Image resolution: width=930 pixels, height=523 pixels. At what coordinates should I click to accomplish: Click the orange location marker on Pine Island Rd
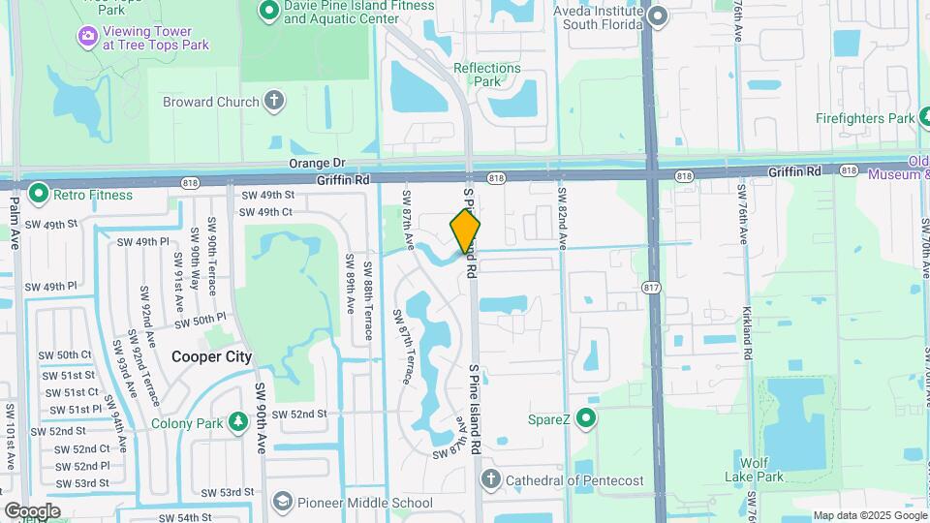pyautogui.click(x=465, y=231)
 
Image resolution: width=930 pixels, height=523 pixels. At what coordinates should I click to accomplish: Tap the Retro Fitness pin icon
pyautogui.click(x=39, y=194)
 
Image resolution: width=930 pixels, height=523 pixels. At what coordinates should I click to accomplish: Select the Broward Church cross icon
pyautogui.click(x=275, y=101)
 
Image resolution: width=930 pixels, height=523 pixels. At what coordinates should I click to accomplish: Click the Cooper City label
pyautogui.click(x=211, y=356)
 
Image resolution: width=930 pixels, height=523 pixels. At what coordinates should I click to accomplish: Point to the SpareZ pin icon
pyautogui.click(x=585, y=419)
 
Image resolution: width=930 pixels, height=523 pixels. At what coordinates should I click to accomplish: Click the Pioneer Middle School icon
pyautogui.click(x=281, y=502)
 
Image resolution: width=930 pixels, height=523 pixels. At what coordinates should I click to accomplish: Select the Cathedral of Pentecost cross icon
pyautogui.click(x=491, y=479)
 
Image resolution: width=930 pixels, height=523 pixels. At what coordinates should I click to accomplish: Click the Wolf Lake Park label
pyautogui.click(x=758, y=469)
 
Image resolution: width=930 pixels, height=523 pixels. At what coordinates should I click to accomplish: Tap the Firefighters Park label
pyautogui.click(x=864, y=118)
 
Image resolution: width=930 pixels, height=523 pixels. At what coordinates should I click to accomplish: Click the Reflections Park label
pyautogui.click(x=487, y=75)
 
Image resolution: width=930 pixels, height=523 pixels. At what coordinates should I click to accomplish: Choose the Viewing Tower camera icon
pyautogui.click(x=88, y=36)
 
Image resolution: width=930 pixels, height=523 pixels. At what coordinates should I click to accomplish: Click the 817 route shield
pyautogui.click(x=652, y=287)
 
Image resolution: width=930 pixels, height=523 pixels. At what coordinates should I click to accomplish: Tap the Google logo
pyautogui.click(x=31, y=510)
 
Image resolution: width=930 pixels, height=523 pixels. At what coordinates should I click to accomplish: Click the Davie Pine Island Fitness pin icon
pyautogui.click(x=268, y=12)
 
